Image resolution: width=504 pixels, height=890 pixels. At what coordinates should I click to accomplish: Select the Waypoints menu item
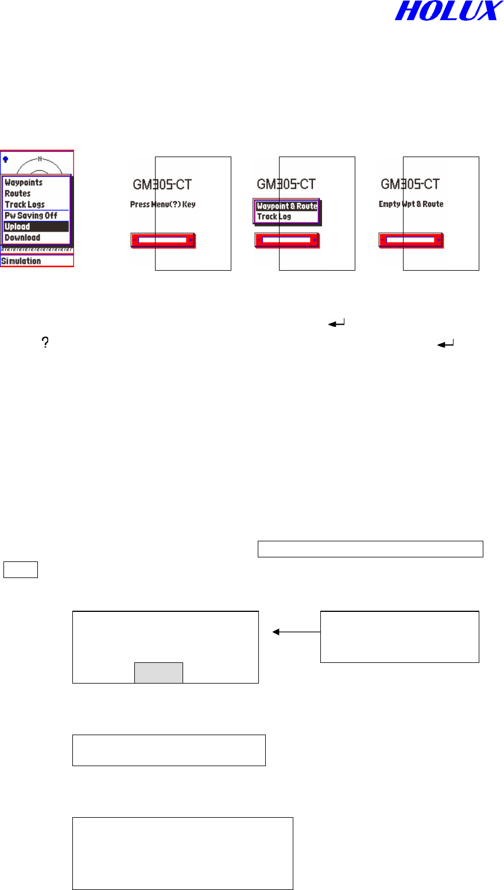coord(24,182)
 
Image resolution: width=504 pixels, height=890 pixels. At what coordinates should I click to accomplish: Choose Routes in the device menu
coord(18,193)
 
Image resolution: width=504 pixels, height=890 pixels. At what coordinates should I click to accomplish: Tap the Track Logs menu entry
coord(25,204)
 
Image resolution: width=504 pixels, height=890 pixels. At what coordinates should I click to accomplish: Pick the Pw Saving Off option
coord(31,216)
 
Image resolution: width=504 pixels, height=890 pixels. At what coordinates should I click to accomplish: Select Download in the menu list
coord(22,237)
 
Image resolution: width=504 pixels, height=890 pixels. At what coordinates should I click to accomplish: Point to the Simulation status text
coord(21,261)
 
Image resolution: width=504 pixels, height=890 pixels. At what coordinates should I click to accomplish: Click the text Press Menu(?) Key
coord(162,204)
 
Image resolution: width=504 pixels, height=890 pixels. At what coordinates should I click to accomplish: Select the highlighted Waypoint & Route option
coord(286,206)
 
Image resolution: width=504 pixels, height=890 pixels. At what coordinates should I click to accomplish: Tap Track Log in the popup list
coord(274,216)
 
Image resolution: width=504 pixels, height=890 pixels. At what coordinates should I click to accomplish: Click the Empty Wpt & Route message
coord(411,204)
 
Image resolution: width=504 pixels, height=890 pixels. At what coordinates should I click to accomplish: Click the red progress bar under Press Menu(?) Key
coord(163,240)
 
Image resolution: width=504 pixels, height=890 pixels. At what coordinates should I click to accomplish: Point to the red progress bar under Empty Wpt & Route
coord(410,240)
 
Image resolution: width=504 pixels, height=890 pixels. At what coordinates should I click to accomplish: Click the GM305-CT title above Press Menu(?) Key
coord(162,184)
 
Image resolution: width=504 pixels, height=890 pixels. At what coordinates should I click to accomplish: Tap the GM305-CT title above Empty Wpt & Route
coord(411,184)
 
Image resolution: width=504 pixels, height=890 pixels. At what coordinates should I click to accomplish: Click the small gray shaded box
coord(158,673)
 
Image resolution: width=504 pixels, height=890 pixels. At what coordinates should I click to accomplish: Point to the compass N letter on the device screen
coord(39,158)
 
